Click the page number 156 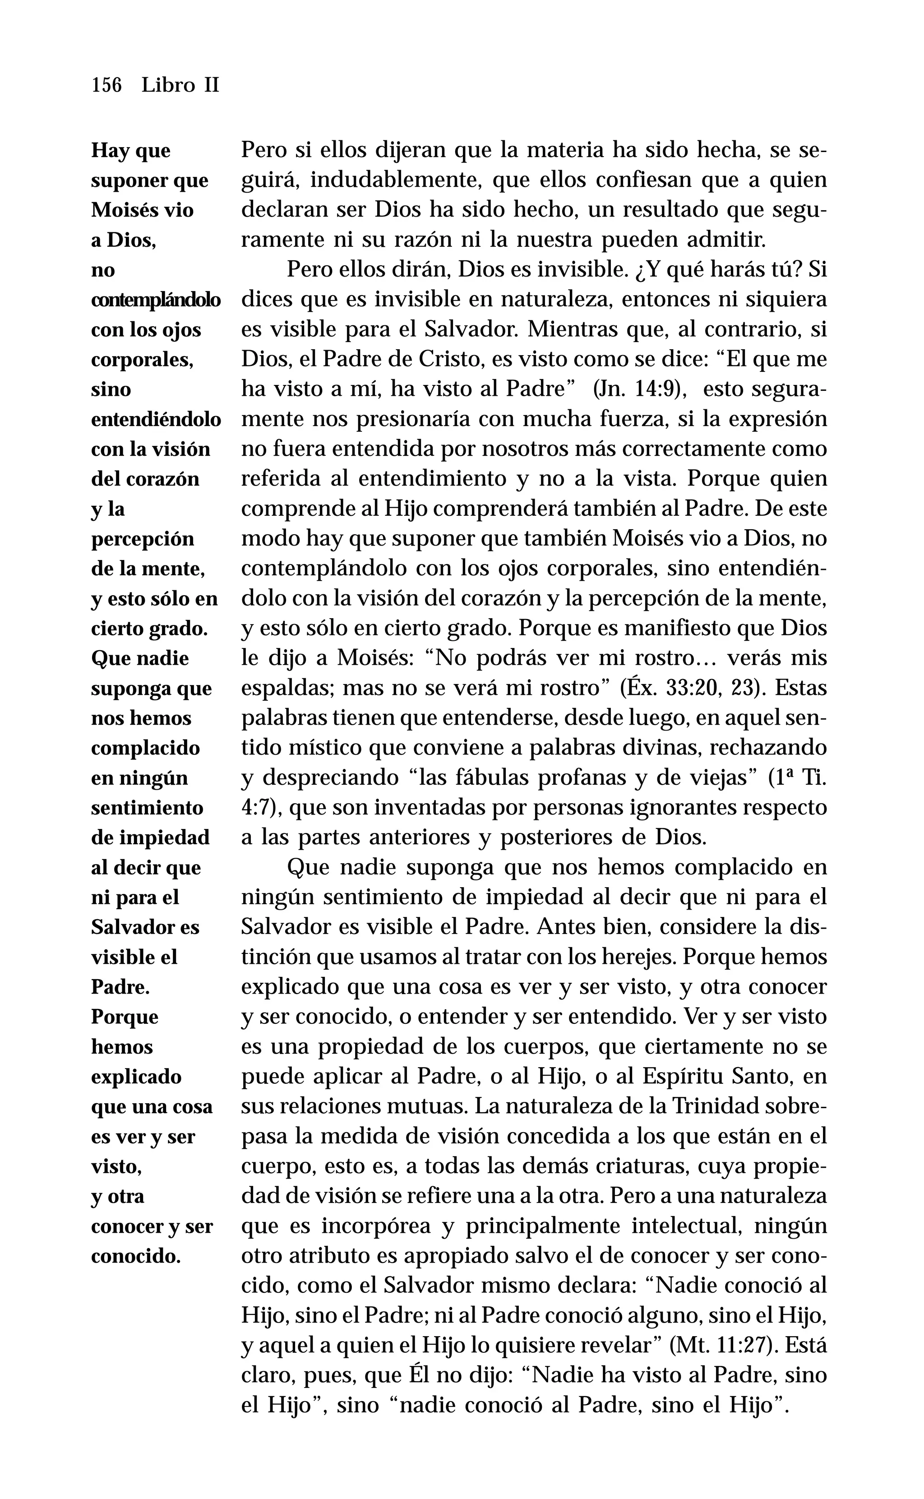[106, 85]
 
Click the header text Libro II [180, 85]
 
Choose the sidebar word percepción [143, 539]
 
